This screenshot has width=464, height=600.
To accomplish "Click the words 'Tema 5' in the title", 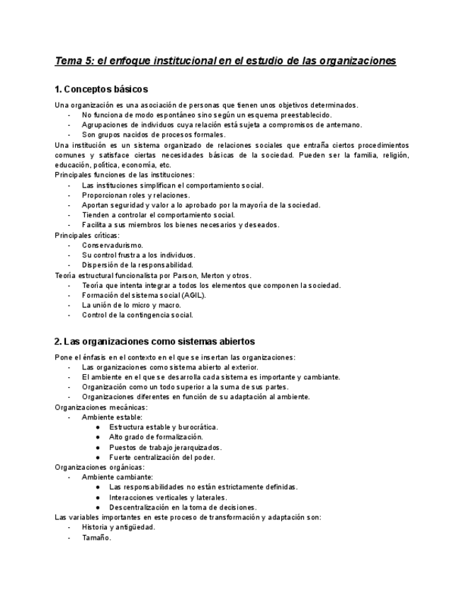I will coord(74,61).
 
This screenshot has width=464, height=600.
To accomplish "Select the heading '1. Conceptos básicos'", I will coord(101,89).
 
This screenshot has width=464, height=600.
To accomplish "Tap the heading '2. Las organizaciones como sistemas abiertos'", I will coord(154,341).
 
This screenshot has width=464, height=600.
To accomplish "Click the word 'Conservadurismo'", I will coord(112,245).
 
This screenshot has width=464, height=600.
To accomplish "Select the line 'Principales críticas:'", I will coord(87,235).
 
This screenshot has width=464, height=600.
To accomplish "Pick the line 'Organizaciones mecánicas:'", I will coord(101,407).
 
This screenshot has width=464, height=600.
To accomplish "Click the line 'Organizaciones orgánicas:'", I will coord(99,467).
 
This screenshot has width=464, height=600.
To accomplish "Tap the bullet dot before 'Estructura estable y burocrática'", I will coord(97,427).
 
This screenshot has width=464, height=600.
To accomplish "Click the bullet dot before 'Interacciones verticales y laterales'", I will coord(97,497).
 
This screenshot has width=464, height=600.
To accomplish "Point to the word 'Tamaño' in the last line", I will coord(96,537).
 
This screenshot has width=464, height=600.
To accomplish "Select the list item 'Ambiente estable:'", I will coord(112,417).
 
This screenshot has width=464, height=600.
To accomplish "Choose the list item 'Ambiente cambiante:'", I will coord(116,477).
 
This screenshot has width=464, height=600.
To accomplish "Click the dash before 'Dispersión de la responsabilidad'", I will coord(69,265).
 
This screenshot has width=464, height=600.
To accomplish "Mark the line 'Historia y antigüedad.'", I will coord(118,527).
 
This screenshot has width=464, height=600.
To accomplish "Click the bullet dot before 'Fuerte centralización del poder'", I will coord(97,457).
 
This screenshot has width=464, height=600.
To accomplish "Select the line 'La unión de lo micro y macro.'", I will coord(131,305).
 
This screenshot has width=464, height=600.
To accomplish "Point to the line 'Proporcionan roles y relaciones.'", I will coord(135,195).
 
